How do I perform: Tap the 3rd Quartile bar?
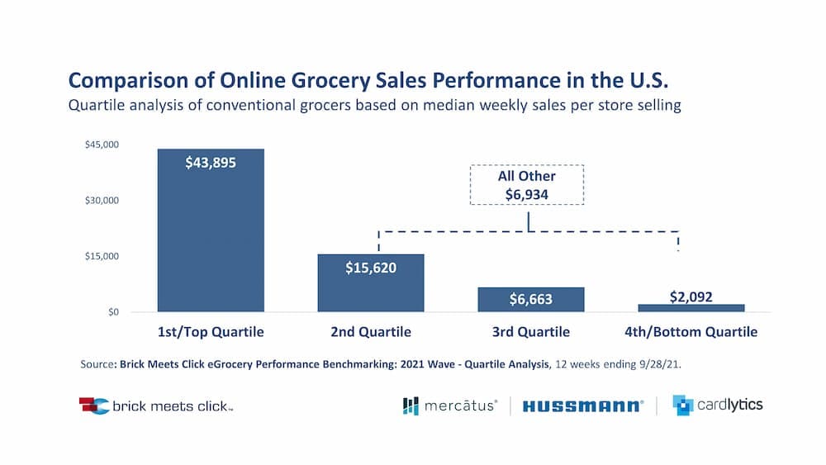click(531, 300)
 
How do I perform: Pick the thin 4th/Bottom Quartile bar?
click(691, 307)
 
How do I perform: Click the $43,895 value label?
click(211, 163)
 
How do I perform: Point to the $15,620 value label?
click(371, 268)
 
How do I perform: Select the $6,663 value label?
click(531, 299)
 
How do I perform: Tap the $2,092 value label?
click(691, 297)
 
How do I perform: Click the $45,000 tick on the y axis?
click(102, 145)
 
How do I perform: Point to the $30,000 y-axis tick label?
click(102, 201)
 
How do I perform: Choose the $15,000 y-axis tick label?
click(102, 256)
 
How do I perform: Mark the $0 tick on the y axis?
click(112, 312)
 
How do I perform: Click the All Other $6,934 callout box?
click(527, 185)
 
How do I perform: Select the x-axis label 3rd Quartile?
click(531, 333)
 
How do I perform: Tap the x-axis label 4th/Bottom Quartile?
click(691, 333)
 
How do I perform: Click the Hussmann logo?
click(582, 406)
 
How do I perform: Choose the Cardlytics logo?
click(717, 405)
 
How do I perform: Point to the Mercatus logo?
click(450, 406)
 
